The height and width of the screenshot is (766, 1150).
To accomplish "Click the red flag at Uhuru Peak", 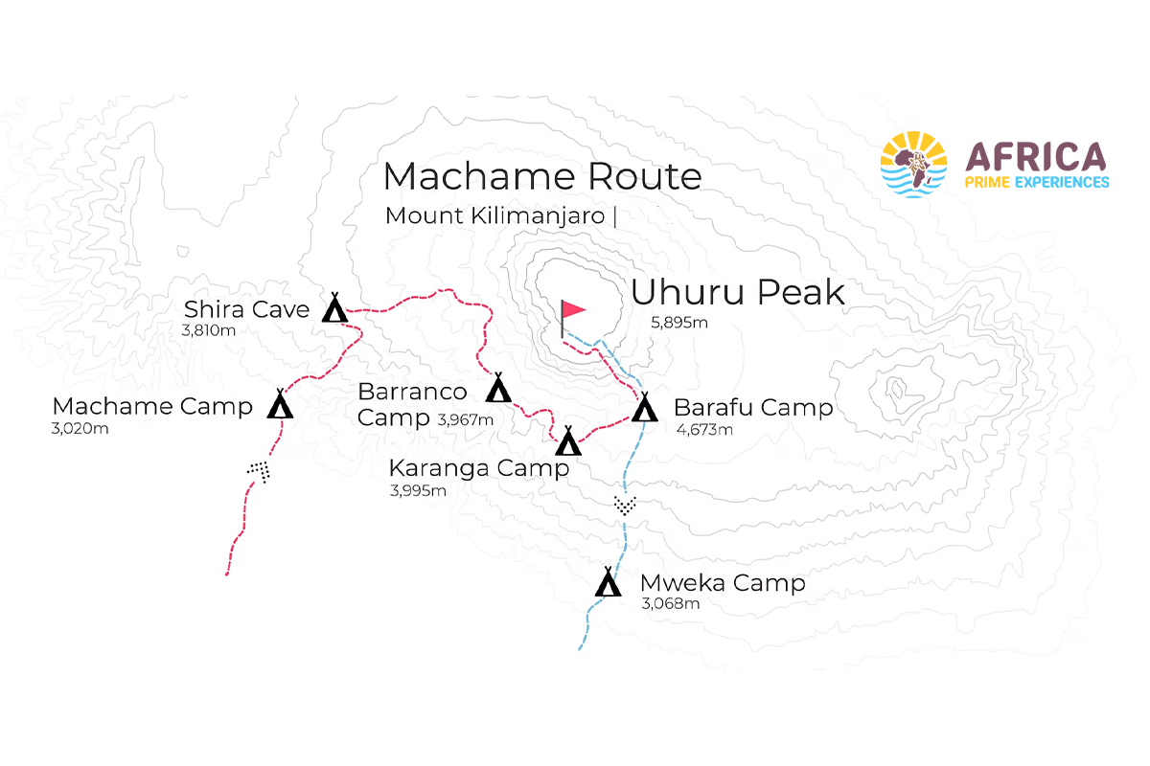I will click(572, 310).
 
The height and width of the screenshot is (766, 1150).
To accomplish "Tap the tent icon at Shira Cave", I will click(333, 308).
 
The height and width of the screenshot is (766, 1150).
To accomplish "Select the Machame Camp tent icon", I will click(280, 405).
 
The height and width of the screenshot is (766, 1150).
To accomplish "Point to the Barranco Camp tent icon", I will click(498, 389).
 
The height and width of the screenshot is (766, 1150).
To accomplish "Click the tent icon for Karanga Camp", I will click(568, 441).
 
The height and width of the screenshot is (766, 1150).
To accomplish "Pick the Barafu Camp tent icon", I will click(644, 409).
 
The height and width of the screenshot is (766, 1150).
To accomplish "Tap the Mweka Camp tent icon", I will click(608, 582).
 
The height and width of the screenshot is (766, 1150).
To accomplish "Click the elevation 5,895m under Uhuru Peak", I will click(678, 323).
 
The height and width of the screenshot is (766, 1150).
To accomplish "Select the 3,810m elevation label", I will click(208, 331).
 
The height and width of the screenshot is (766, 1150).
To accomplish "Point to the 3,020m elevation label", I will click(80, 428).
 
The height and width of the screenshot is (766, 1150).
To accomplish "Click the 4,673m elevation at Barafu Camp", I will click(704, 429).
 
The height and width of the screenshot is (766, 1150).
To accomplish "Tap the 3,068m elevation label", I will click(670, 603).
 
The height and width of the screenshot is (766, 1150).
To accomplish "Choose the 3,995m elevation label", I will click(418, 490).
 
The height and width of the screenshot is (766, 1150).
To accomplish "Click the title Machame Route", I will click(541, 176).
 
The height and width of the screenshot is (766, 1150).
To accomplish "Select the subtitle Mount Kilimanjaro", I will click(495, 215).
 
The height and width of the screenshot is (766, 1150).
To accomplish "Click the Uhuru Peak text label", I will click(738, 292).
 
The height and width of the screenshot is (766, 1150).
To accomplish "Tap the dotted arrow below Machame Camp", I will click(259, 470).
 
